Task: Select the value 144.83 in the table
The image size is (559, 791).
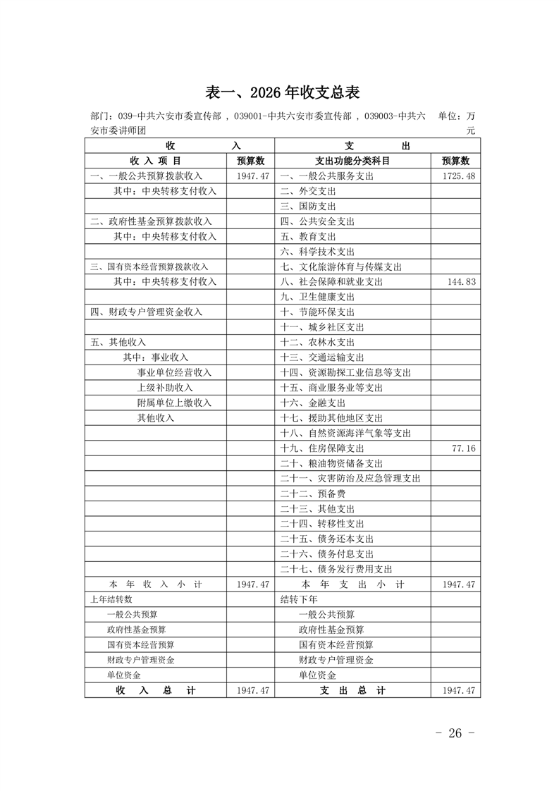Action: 462,282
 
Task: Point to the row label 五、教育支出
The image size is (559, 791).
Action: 308,237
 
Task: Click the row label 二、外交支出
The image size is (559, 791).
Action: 308,191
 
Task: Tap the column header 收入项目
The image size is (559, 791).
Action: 156,161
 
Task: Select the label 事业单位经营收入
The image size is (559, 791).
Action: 174,372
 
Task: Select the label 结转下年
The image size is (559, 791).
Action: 299,599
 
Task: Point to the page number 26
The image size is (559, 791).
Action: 455,732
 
